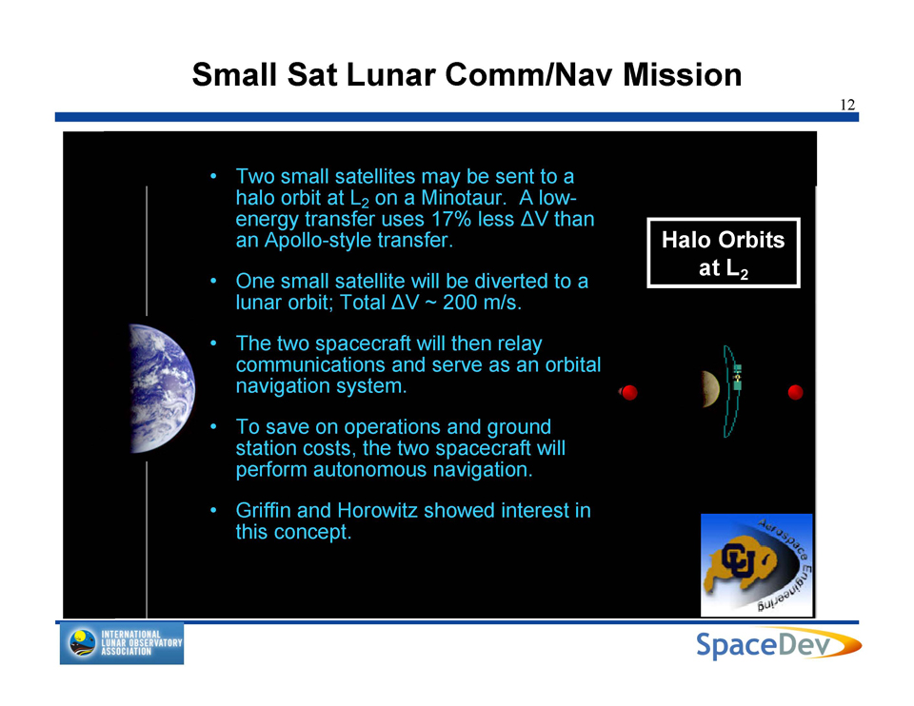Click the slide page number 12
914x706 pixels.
(847, 105)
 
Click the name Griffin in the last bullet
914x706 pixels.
(264, 510)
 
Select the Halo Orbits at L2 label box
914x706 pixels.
(723, 253)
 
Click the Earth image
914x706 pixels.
(162, 388)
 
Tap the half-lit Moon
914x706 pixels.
(711, 389)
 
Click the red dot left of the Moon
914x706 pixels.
(629, 393)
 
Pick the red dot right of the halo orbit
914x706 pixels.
(795, 393)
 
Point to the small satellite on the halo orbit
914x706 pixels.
(737, 377)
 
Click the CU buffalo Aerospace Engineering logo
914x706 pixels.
(757, 564)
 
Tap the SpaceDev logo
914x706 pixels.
(778, 643)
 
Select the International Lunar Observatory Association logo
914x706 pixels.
(122, 643)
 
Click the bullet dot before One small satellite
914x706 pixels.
(214, 282)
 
